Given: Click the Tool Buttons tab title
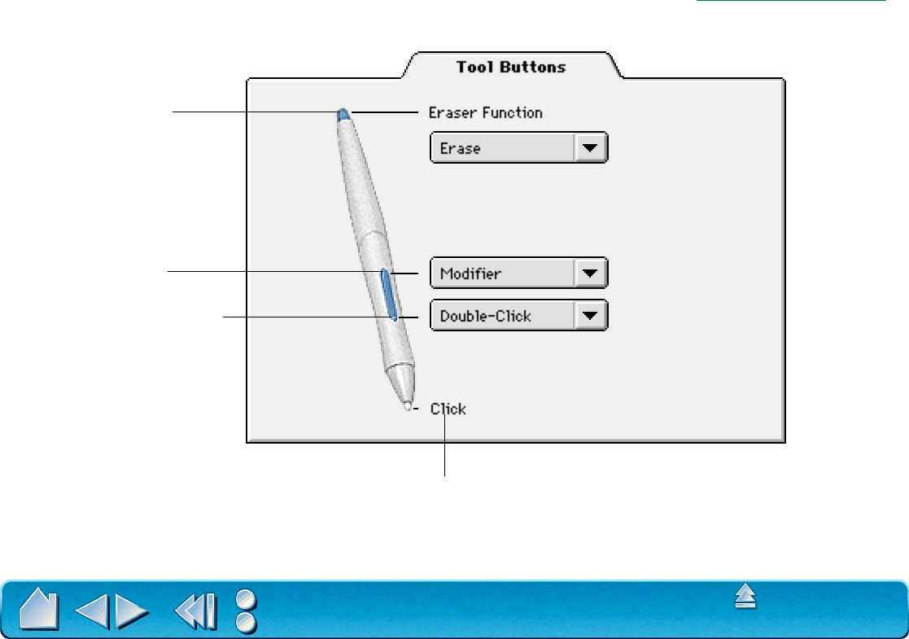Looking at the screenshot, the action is pos(511,67).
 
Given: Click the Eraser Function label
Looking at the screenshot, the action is pos(485,112).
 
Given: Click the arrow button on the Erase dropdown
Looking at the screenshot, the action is pos(591,149).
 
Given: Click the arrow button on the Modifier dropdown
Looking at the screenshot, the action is pos(591,274).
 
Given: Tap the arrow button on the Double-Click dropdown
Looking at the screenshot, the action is pos(591,316).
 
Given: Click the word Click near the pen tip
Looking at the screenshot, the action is pos(448,409).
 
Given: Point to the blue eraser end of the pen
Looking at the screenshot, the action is pos(343,114).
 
